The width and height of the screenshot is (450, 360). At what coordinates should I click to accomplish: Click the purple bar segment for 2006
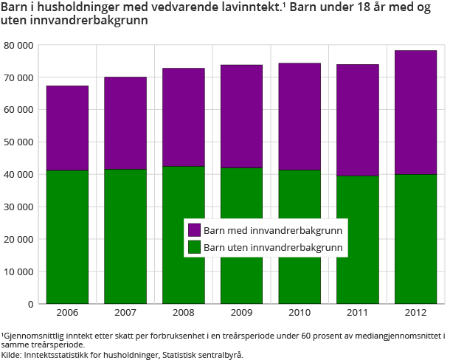(67, 128)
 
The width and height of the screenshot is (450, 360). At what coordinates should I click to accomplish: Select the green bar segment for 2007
(125, 236)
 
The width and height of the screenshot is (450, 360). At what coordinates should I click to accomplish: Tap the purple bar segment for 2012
(415, 112)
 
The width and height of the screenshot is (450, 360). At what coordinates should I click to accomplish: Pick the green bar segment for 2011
(358, 239)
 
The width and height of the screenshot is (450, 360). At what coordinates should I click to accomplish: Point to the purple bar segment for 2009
(241, 117)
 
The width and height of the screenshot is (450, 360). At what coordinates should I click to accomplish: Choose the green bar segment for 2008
(183, 235)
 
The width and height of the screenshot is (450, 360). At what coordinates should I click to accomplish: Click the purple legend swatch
(195, 230)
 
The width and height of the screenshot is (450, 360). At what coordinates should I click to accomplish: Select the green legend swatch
(195, 247)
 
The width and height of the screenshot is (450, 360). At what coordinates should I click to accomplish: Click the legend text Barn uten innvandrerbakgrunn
(273, 247)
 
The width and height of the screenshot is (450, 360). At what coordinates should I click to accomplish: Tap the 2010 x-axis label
(299, 314)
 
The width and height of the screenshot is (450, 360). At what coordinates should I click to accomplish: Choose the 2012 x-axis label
(415, 314)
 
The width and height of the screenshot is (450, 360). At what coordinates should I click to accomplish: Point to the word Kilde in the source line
(12, 354)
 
